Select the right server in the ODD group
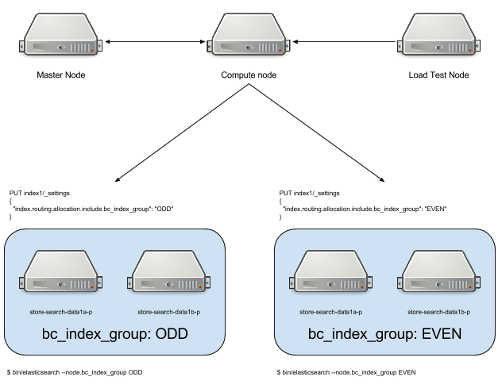click(169, 272)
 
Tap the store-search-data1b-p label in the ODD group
click(168, 313)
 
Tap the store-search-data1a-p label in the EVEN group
click(331, 313)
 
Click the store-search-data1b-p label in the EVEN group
click(439, 313)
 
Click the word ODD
click(172, 334)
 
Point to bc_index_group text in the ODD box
click(95, 335)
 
